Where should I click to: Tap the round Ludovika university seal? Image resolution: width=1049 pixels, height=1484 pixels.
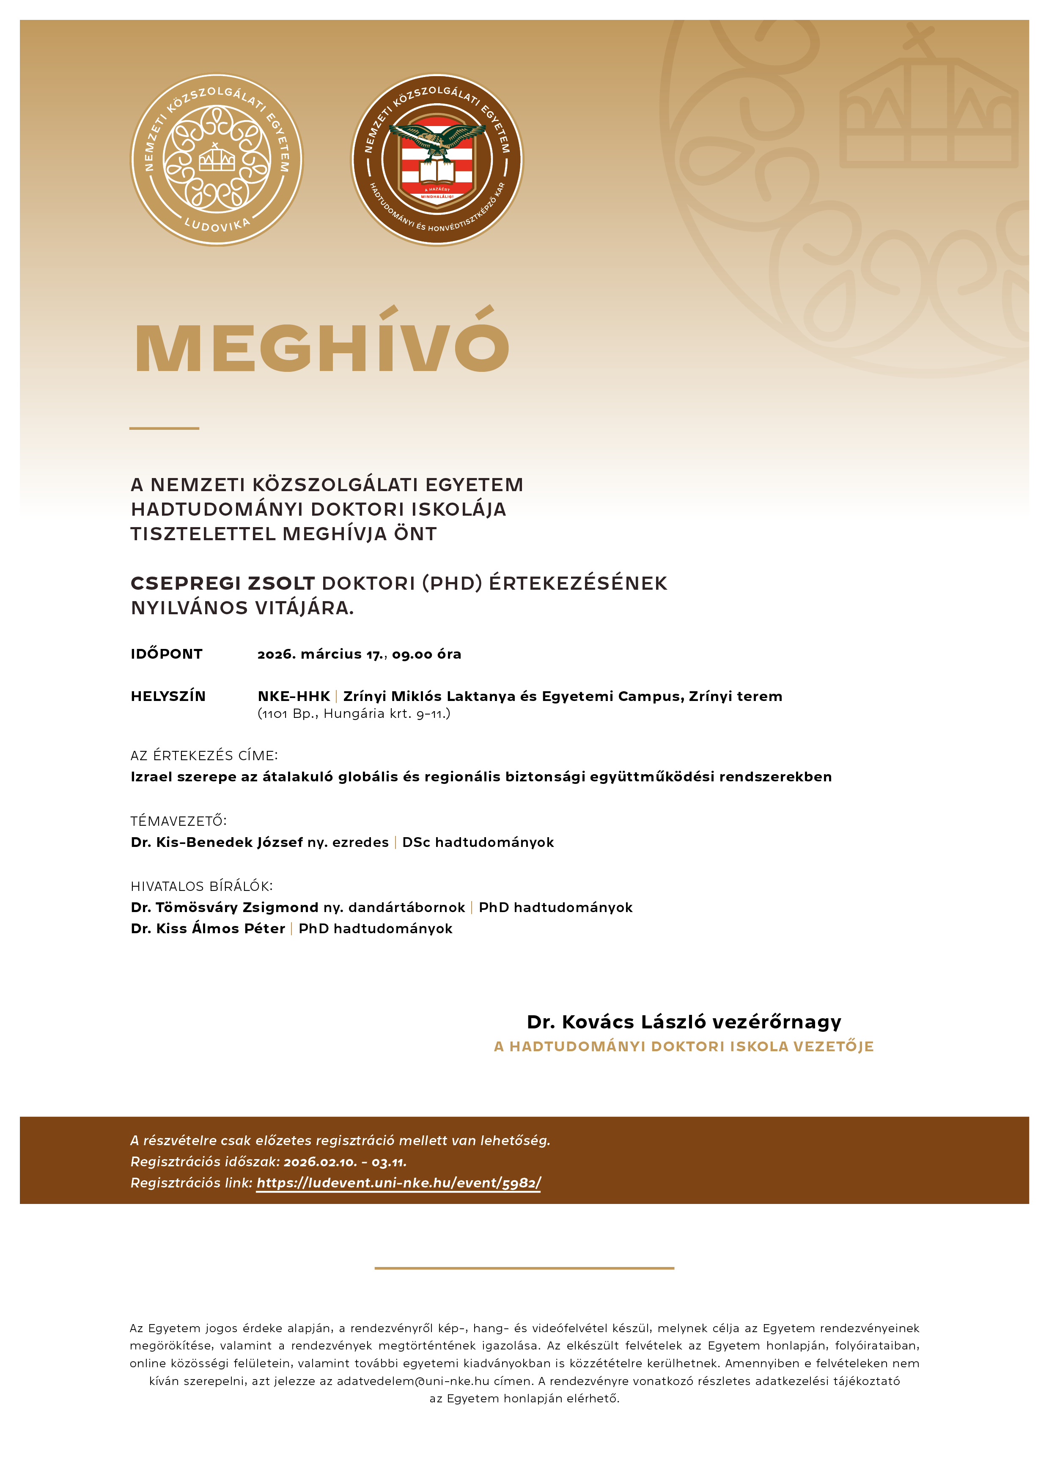coord(217,159)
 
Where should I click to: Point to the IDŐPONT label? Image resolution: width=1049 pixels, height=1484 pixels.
coord(167,654)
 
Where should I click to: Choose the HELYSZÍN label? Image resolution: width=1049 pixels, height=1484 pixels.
coord(168,696)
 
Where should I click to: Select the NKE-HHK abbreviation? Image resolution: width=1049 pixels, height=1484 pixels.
coord(294,696)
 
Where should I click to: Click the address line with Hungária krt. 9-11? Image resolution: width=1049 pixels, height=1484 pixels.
coord(354,714)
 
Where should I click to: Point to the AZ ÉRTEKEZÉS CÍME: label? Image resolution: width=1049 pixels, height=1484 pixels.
coord(203,756)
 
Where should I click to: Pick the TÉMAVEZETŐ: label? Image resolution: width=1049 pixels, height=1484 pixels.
coord(178,821)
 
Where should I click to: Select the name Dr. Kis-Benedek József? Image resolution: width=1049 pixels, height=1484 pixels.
coord(217,842)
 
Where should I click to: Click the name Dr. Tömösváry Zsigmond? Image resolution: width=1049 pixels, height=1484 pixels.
coord(224,907)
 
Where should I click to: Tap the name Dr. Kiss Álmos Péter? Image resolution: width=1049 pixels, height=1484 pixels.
coord(207,929)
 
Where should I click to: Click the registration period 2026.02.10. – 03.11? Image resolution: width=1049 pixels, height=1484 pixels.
coord(345,1162)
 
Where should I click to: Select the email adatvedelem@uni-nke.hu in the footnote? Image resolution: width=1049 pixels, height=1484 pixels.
coord(412,1381)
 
